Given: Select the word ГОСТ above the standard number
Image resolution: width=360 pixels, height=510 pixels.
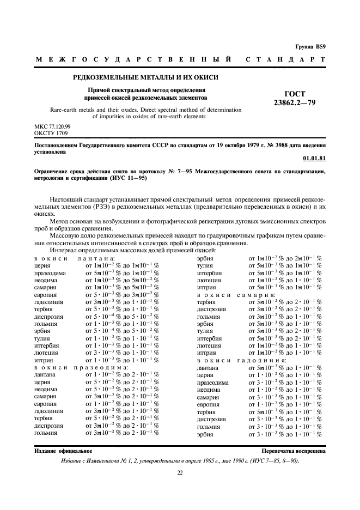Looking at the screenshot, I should (x=295, y=93).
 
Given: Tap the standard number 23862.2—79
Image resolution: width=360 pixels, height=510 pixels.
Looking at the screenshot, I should (x=295, y=102).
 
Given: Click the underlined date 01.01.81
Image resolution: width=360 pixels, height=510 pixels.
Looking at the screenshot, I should (x=314, y=159).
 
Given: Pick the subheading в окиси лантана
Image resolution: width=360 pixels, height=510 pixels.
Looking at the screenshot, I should (x=74, y=258).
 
